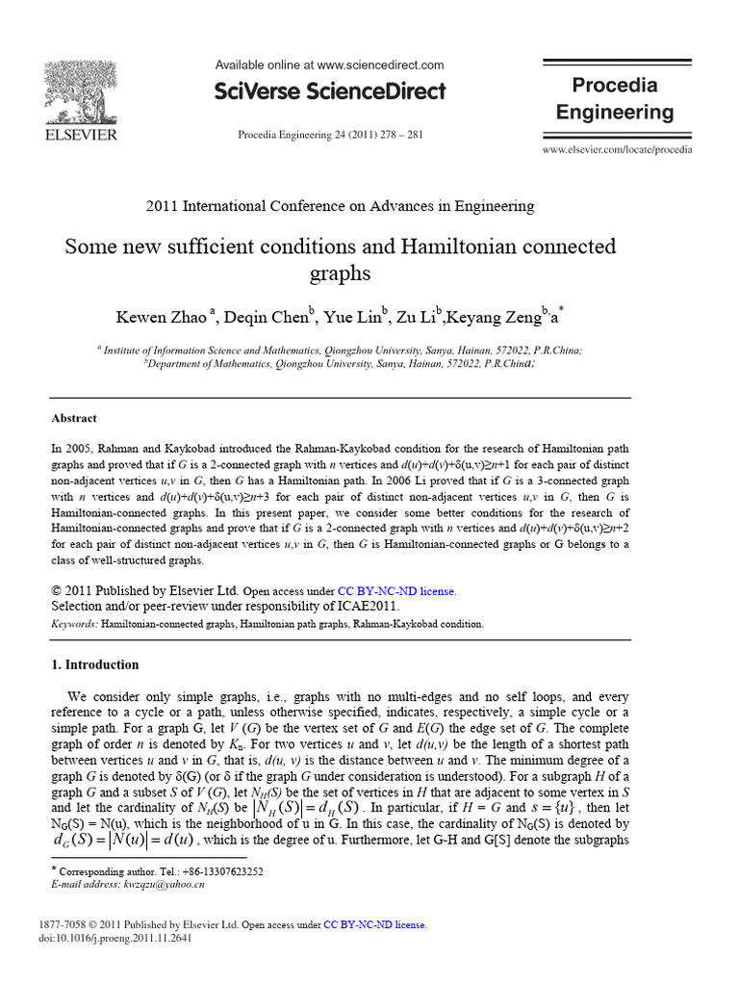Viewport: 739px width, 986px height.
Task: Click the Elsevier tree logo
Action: coord(81,93)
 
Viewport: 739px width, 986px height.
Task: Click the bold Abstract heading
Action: coord(73,419)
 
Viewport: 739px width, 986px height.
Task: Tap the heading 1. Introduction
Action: coord(94,664)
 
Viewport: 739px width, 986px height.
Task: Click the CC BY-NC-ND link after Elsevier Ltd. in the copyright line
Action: coord(395,591)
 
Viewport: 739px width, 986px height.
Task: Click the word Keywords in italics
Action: coord(73,624)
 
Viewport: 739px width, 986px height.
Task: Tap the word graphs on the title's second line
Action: coord(340,273)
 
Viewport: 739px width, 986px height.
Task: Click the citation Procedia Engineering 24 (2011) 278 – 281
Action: coord(330,135)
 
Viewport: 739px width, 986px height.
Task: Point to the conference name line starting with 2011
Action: coord(340,206)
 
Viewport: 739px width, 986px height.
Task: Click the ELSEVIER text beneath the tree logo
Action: coord(81,135)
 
